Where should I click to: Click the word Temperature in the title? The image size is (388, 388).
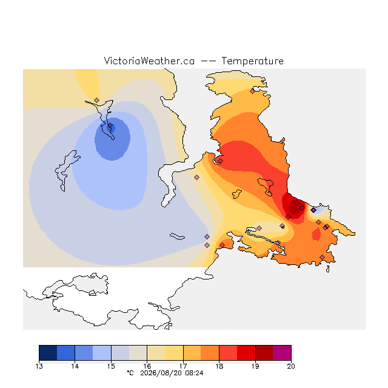[252, 61]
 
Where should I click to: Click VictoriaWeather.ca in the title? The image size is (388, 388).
[149, 61]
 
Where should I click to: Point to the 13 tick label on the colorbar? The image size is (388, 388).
[39, 366]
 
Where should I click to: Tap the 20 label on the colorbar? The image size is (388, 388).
[291, 366]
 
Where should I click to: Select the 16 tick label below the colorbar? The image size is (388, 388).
[147, 366]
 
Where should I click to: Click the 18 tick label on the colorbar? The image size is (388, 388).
[219, 366]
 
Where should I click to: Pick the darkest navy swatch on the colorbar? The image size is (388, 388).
[48, 353]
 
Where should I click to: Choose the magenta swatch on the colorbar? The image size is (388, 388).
[282, 353]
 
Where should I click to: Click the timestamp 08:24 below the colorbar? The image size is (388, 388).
[194, 373]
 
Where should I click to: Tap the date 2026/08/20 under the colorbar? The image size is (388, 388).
[161, 373]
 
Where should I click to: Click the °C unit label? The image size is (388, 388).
[130, 373]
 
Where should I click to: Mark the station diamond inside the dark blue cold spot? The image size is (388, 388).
[110, 125]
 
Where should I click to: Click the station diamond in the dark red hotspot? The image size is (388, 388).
[302, 207]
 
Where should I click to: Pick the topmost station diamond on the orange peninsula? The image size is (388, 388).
[252, 92]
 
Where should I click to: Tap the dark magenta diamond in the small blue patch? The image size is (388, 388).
[313, 210]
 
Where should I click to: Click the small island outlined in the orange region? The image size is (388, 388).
[236, 194]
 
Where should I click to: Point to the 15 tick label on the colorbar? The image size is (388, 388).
[111, 366]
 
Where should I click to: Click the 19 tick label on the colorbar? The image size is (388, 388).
[255, 366]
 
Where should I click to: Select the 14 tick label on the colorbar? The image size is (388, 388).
[75, 366]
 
